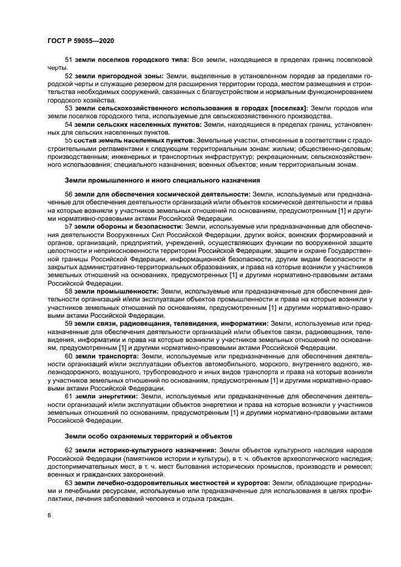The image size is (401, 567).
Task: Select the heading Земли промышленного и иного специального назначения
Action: coord(162,180)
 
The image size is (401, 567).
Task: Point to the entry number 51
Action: coord(68,61)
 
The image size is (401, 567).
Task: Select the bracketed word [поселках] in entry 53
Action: coord(284,108)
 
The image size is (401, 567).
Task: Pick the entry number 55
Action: coord(68,139)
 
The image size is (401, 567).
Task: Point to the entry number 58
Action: coord(68,291)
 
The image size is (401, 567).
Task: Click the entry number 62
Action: coord(68,451)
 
